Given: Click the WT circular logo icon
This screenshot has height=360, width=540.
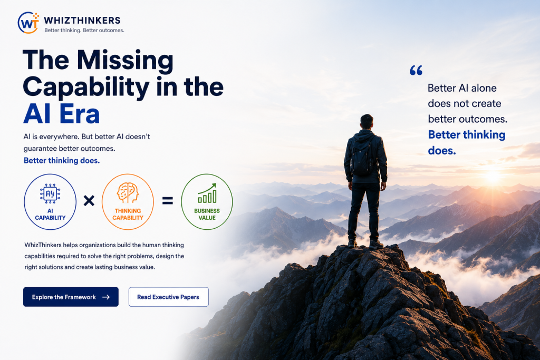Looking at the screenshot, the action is [x=28, y=23].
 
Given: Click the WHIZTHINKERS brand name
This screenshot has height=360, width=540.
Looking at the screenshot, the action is [x=82, y=21].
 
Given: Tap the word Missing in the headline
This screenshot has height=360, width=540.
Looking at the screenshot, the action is [x=125, y=61].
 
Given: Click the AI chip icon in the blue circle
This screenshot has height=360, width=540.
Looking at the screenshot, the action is [x=50, y=193].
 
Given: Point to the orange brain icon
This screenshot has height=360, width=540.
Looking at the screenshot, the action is [x=128, y=192].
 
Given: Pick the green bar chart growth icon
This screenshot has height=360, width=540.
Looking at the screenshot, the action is [x=207, y=193].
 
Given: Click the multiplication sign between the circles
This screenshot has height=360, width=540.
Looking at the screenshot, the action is [x=89, y=200].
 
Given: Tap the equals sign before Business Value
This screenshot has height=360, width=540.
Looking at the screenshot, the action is [x=168, y=200].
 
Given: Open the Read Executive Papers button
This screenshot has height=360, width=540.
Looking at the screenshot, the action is [x=168, y=297].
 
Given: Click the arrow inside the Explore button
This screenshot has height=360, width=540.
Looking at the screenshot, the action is [x=106, y=297].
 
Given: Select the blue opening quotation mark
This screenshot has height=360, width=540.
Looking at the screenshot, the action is [x=416, y=70].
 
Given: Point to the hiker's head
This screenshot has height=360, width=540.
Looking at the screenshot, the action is [x=367, y=121].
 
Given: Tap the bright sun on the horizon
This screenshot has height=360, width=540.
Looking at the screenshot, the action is [x=492, y=177].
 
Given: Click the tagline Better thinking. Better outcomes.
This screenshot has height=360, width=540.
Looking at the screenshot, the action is [x=84, y=30].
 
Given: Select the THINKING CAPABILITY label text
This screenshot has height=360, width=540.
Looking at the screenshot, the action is [x=128, y=214].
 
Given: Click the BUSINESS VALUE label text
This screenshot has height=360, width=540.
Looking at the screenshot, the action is [x=207, y=214].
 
